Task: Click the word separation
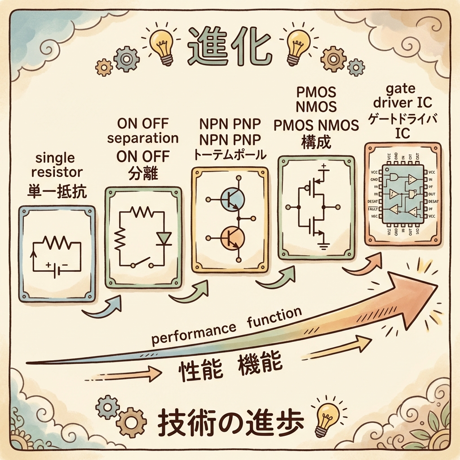(x=143, y=137)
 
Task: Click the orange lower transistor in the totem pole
(x=232, y=236)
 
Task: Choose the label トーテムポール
(x=230, y=155)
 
